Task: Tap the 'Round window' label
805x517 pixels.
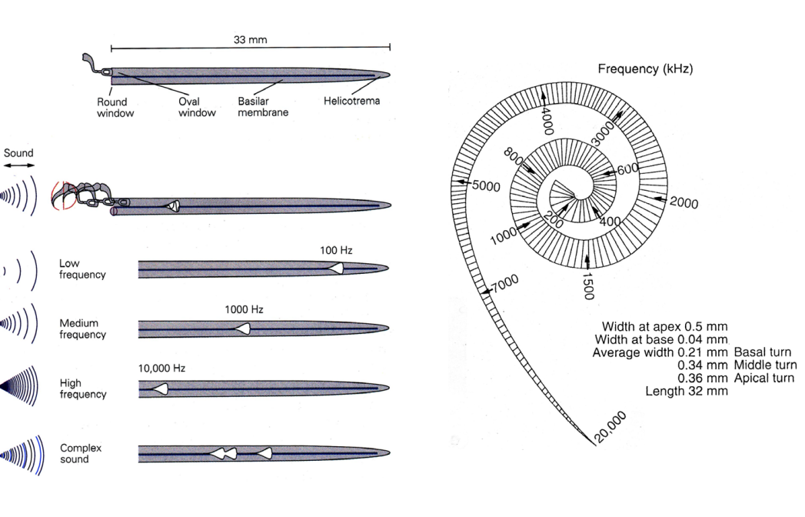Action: tap(112, 108)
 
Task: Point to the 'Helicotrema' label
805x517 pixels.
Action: tap(352, 102)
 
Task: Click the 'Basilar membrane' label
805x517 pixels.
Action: tap(263, 108)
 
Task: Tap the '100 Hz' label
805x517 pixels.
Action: tap(335, 251)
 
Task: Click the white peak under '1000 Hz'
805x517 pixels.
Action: tap(243, 329)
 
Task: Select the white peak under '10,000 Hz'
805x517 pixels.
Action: tap(160, 389)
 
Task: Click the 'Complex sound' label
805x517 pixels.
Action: tap(80, 453)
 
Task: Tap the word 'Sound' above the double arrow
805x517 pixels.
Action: tap(18, 152)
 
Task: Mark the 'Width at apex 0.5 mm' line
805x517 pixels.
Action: tap(665, 326)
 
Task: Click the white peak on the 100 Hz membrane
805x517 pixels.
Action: tap(336, 267)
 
